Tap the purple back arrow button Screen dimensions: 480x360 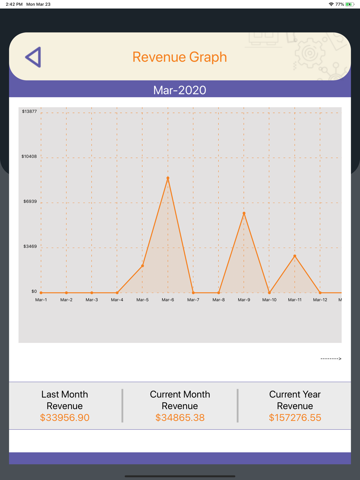pyautogui.click(x=33, y=57)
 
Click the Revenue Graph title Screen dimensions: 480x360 pyautogui.click(x=180, y=57)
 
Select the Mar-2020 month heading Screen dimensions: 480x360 pyautogui.click(x=180, y=90)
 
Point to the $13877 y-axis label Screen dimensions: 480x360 pyautogui.click(x=29, y=112)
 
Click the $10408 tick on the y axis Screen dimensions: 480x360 pyautogui.click(x=29, y=157)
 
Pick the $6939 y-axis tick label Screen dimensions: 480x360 pyautogui.click(x=30, y=201)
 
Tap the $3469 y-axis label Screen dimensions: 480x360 pyautogui.click(x=30, y=246)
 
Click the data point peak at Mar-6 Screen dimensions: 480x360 pyautogui.click(x=168, y=178)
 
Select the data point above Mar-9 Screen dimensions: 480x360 pyautogui.click(x=244, y=213)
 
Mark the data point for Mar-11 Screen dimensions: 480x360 pyautogui.click(x=295, y=256)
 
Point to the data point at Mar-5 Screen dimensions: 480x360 pyautogui.click(x=143, y=266)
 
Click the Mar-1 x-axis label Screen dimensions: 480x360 pyautogui.click(x=41, y=300)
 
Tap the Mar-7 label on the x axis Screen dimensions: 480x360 pyautogui.click(x=193, y=300)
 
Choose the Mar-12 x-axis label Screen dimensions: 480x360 pyautogui.click(x=320, y=300)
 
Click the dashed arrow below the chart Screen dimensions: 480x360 pyautogui.click(x=331, y=359)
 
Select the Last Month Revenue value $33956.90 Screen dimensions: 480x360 pyautogui.click(x=65, y=418)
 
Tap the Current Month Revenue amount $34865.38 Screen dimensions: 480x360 pyautogui.click(x=180, y=418)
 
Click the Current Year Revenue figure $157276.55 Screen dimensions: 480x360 pyautogui.click(x=295, y=418)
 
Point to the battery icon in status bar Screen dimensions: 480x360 pyautogui.click(x=350, y=4)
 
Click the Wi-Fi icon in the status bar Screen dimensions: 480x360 pyautogui.click(x=331, y=4)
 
